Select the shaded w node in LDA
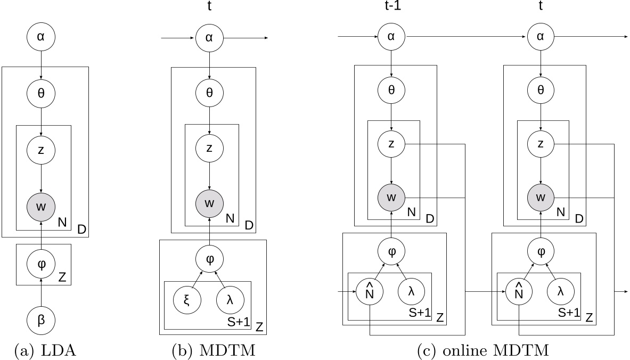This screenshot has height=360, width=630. [x=41, y=206]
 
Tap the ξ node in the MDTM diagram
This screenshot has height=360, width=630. [x=187, y=298]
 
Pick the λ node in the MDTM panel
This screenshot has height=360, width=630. [x=230, y=298]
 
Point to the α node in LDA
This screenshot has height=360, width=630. [x=41, y=37]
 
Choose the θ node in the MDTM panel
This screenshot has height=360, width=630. [x=209, y=93]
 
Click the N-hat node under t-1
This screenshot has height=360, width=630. [x=370, y=292]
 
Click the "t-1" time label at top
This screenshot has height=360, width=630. [x=391, y=8]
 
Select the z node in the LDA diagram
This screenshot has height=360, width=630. [x=41, y=150]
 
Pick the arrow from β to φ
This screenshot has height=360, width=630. [x=41, y=291]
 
